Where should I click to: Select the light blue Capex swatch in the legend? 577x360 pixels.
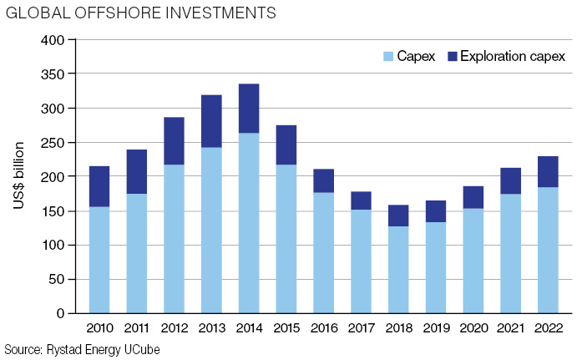click(388, 57)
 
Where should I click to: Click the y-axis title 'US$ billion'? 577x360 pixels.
click(19, 176)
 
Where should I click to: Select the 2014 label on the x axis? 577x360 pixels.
click(248, 328)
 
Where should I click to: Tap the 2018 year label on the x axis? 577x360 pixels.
click(397, 328)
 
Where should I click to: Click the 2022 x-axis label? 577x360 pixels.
click(547, 328)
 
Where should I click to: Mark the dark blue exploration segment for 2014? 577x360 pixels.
click(248, 109)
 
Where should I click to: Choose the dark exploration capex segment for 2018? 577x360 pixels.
click(397, 215)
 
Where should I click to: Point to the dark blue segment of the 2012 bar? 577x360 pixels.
click(174, 141)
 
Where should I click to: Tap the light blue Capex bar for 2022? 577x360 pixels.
click(547, 250)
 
